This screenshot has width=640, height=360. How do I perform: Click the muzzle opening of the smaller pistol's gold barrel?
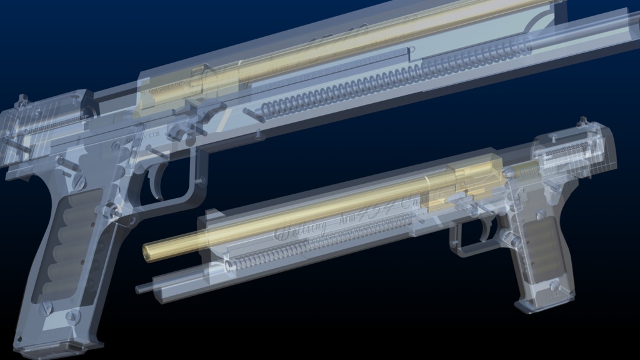[149, 252]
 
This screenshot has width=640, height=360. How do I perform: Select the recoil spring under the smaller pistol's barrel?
[300, 250]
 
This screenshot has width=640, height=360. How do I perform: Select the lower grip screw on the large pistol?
[45, 307]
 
